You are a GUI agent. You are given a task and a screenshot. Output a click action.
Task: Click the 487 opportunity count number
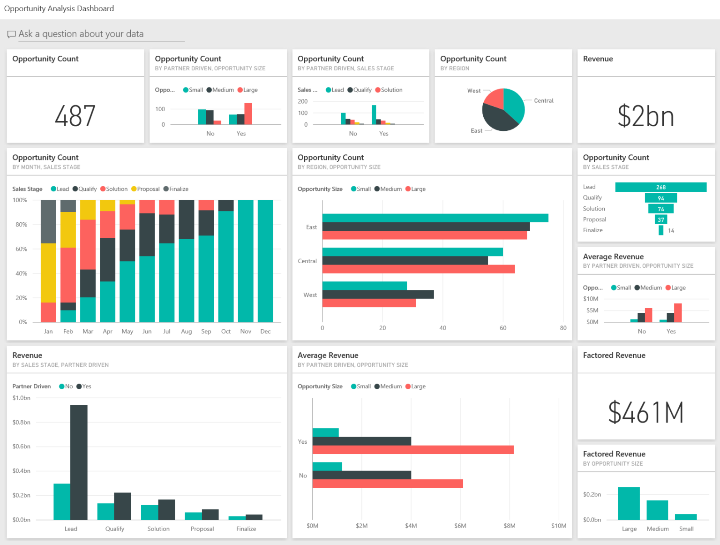(x=75, y=116)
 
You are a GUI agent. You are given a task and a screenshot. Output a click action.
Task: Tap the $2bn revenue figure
(x=645, y=116)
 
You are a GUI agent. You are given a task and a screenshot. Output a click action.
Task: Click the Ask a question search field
(x=101, y=34)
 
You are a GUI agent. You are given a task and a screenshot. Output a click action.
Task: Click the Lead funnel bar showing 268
(x=660, y=187)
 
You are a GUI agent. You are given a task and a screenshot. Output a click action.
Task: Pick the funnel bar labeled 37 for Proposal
(x=660, y=220)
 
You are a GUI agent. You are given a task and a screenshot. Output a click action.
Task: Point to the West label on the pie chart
(x=473, y=91)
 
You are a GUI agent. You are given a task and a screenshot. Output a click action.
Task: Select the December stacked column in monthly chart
(x=265, y=261)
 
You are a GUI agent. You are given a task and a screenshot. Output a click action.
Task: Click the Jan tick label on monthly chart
(x=48, y=332)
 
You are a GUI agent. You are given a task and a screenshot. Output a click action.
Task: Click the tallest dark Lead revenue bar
(x=79, y=462)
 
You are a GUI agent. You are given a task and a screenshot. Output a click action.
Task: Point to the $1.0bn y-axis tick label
(x=22, y=398)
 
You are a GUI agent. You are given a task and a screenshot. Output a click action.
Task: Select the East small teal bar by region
(x=435, y=218)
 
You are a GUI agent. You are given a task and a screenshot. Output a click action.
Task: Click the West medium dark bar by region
(x=378, y=295)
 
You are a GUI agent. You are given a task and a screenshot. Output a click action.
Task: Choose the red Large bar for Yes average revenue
(x=412, y=450)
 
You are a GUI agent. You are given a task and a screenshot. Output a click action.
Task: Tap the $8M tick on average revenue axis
(x=510, y=526)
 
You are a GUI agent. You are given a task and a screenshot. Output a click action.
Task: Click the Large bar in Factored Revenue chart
(x=629, y=503)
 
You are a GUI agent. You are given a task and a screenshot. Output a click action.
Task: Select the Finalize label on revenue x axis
(x=246, y=529)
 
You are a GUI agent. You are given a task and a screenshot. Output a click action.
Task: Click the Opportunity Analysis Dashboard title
(x=59, y=8)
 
